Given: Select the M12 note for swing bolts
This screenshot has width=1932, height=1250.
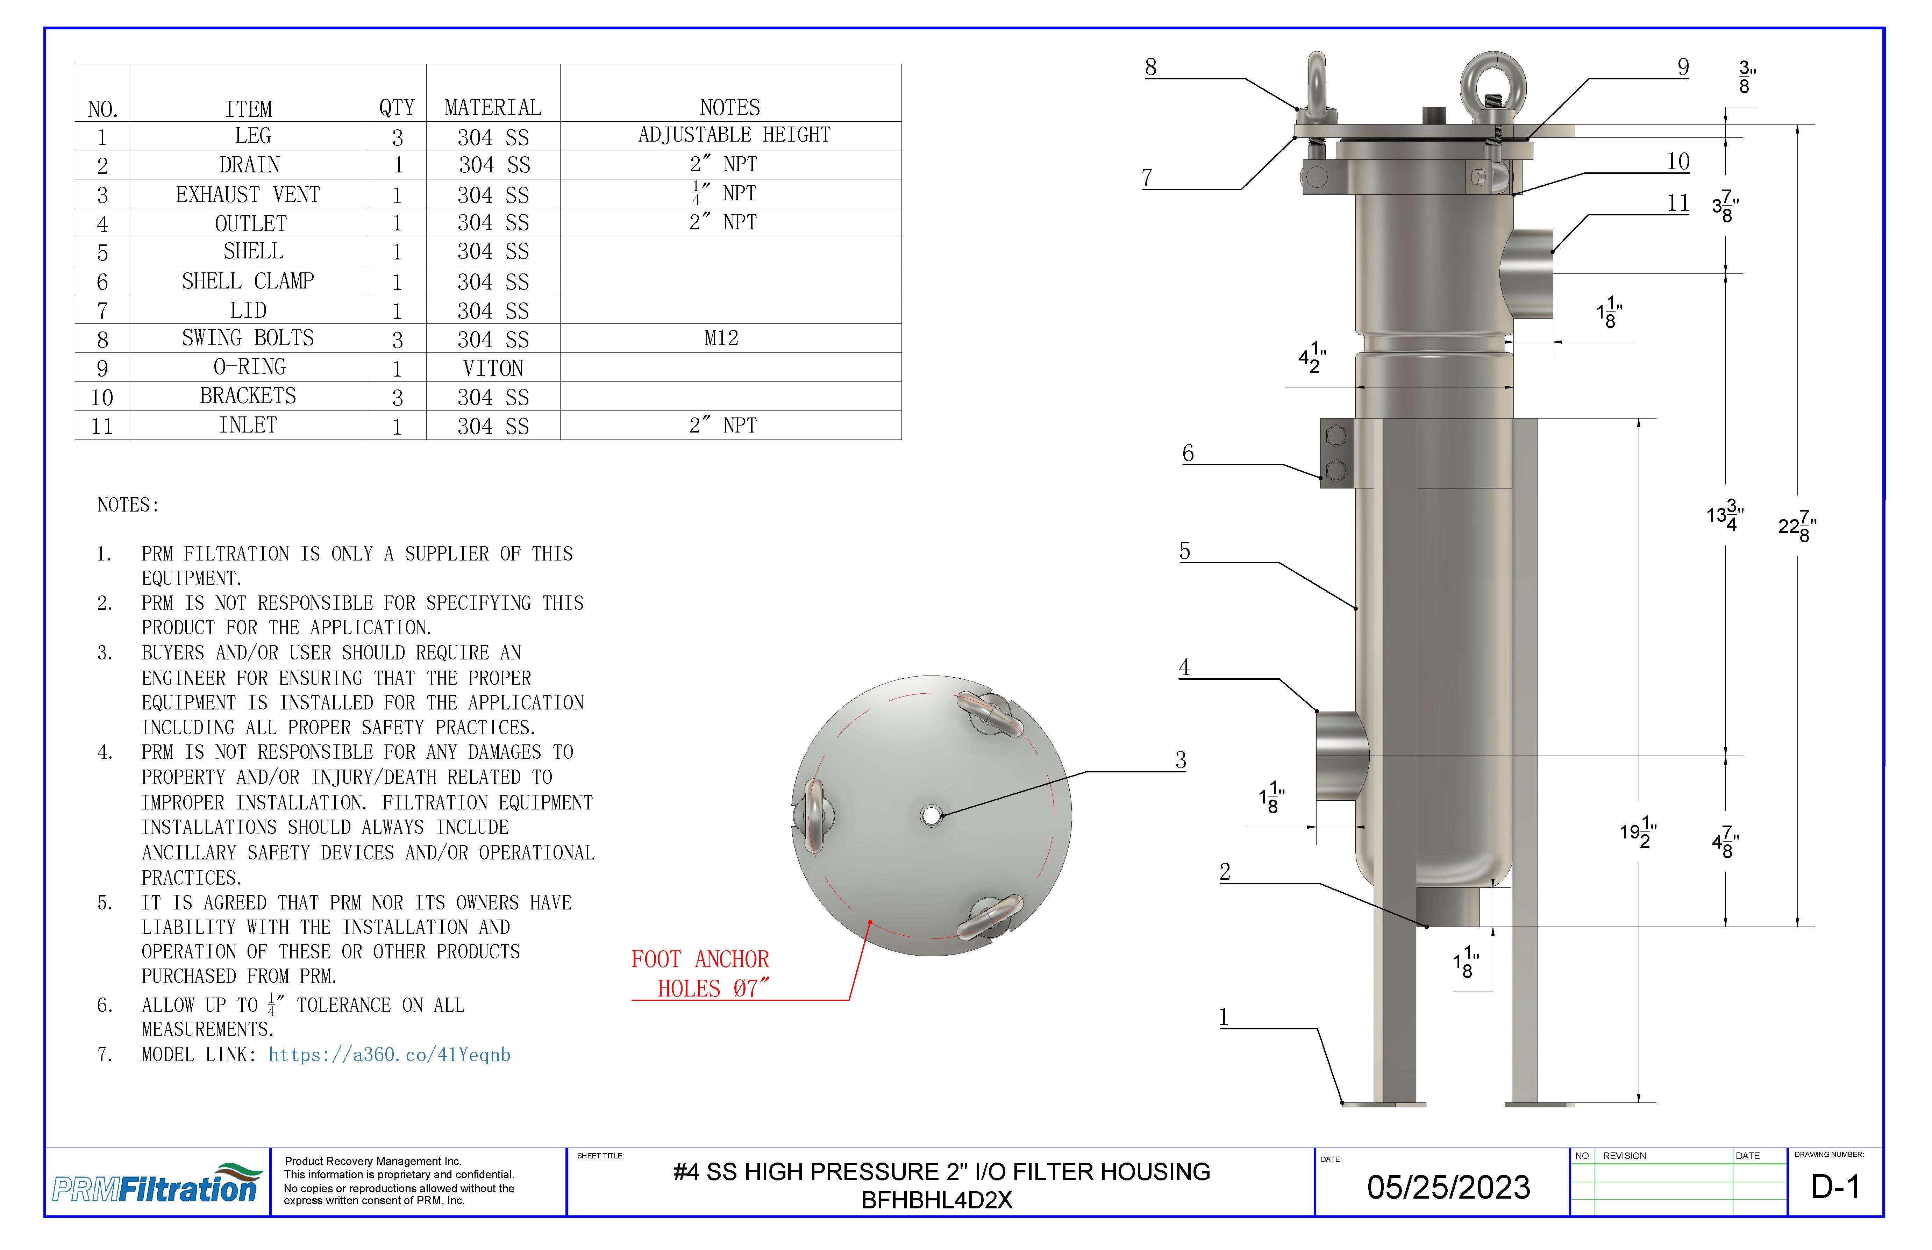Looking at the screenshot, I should click(x=721, y=338).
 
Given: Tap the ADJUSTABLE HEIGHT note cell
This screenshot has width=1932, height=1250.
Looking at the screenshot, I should click(x=734, y=135).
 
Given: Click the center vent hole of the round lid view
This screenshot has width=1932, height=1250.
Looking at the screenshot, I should click(x=931, y=815).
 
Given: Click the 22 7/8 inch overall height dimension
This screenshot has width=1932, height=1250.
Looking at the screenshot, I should click(x=1797, y=526).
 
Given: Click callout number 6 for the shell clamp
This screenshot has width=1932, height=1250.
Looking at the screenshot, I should click(x=1188, y=453).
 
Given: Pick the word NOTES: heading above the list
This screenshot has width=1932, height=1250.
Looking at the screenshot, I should click(x=128, y=505).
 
